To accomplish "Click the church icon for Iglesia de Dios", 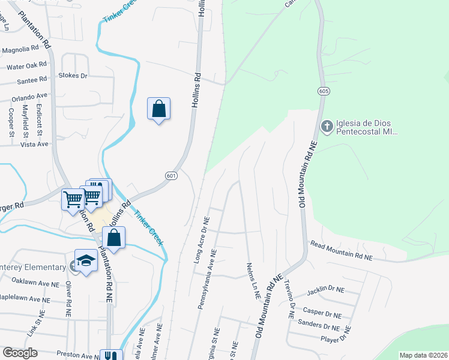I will click(327, 126).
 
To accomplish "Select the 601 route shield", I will click(171, 175).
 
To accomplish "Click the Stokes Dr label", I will click(73, 76).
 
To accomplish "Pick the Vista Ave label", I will click(34, 144).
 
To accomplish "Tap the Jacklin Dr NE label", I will click(325, 290).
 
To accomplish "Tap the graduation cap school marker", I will click(86, 261).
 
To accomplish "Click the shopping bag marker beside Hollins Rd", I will click(158, 109).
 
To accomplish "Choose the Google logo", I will click(20, 353).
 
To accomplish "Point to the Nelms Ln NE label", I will click(252, 280).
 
